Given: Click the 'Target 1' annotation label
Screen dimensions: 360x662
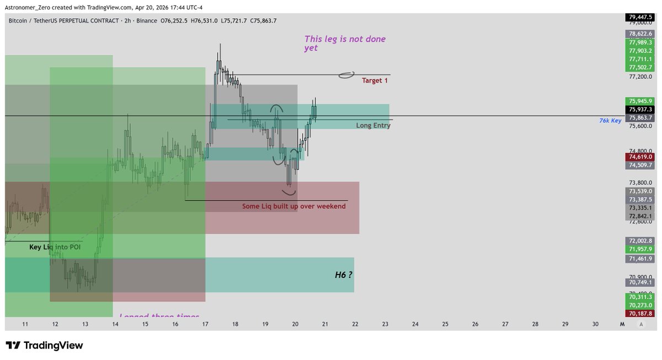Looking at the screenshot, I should click(x=375, y=80).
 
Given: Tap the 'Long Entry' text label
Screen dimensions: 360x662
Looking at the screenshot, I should click(x=373, y=126).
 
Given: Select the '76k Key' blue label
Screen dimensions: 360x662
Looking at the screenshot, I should click(x=610, y=120).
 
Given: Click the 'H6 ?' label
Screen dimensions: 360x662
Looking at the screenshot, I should click(x=344, y=274).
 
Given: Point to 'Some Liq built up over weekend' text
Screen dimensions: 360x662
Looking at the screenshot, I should click(x=293, y=206).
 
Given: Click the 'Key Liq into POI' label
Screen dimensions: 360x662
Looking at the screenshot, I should click(x=55, y=247).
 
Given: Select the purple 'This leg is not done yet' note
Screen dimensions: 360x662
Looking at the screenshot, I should click(x=345, y=44).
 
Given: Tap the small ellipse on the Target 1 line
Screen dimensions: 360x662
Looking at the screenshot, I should click(x=346, y=75).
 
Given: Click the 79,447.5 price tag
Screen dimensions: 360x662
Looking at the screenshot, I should click(x=639, y=17).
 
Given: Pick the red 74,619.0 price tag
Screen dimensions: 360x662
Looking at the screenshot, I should click(x=639, y=157).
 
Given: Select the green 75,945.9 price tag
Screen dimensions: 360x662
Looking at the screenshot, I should click(x=639, y=101).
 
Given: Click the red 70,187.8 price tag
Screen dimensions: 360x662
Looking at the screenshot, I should click(x=639, y=313).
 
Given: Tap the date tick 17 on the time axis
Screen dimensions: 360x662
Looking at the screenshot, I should click(x=205, y=324).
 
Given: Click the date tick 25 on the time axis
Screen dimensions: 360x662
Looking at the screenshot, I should click(x=445, y=324).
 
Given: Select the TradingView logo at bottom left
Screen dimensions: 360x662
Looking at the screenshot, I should click(x=45, y=346).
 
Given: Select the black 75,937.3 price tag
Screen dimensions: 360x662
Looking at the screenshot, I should click(x=639, y=109).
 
